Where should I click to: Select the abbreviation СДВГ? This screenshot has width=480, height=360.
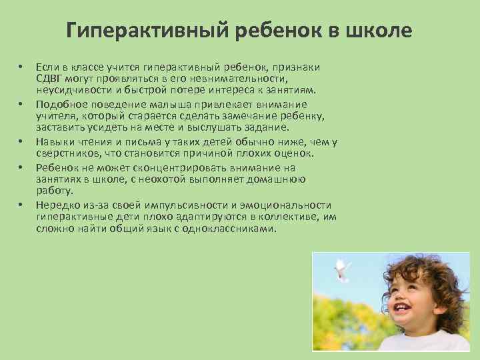(x=50, y=78)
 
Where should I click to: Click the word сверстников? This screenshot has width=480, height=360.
(x=67, y=153)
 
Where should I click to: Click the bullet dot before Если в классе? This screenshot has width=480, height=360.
(x=21, y=67)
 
